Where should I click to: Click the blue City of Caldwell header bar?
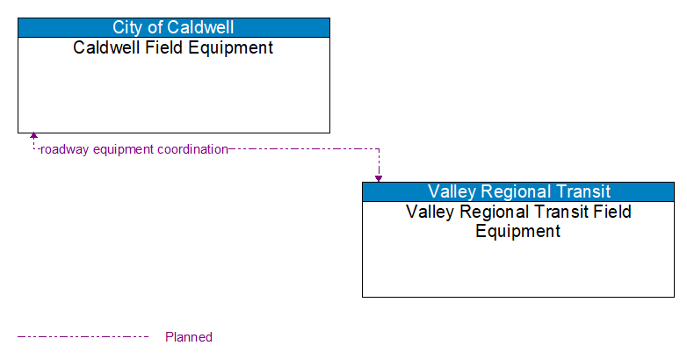(x=174, y=27)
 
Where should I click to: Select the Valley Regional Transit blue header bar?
(x=518, y=191)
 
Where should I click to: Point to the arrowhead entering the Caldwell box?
(x=33, y=137)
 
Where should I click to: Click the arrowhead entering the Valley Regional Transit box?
(x=379, y=178)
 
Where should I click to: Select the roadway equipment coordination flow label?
(x=134, y=149)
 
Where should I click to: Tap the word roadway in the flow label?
(x=61, y=149)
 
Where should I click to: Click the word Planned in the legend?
(x=189, y=337)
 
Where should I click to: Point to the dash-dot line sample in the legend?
(x=83, y=336)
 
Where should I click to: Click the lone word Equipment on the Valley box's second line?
(x=518, y=232)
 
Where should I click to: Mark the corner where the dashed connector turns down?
(x=379, y=149)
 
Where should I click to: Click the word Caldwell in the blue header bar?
(x=200, y=27)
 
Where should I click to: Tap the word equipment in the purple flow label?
(x=119, y=149)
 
